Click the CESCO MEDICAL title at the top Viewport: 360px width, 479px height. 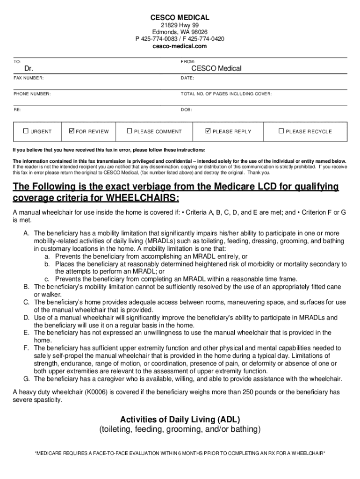[x=180, y=17]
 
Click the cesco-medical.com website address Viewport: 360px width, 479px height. [x=180, y=46]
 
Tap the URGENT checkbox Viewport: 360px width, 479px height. [x=26, y=131]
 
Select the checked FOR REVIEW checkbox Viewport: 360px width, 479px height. [x=72, y=131]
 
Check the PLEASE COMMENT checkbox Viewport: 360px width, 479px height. [x=130, y=131]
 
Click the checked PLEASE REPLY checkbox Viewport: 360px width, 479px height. [x=208, y=131]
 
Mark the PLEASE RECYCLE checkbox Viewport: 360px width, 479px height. [x=281, y=131]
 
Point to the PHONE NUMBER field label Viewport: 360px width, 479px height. [x=32, y=94]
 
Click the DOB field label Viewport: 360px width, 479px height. [x=186, y=110]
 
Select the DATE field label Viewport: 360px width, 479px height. [x=187, y=78]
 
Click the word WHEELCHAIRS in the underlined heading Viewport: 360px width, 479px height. [x=143, y=198]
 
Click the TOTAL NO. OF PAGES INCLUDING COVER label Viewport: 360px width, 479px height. [x=226, y=94]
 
